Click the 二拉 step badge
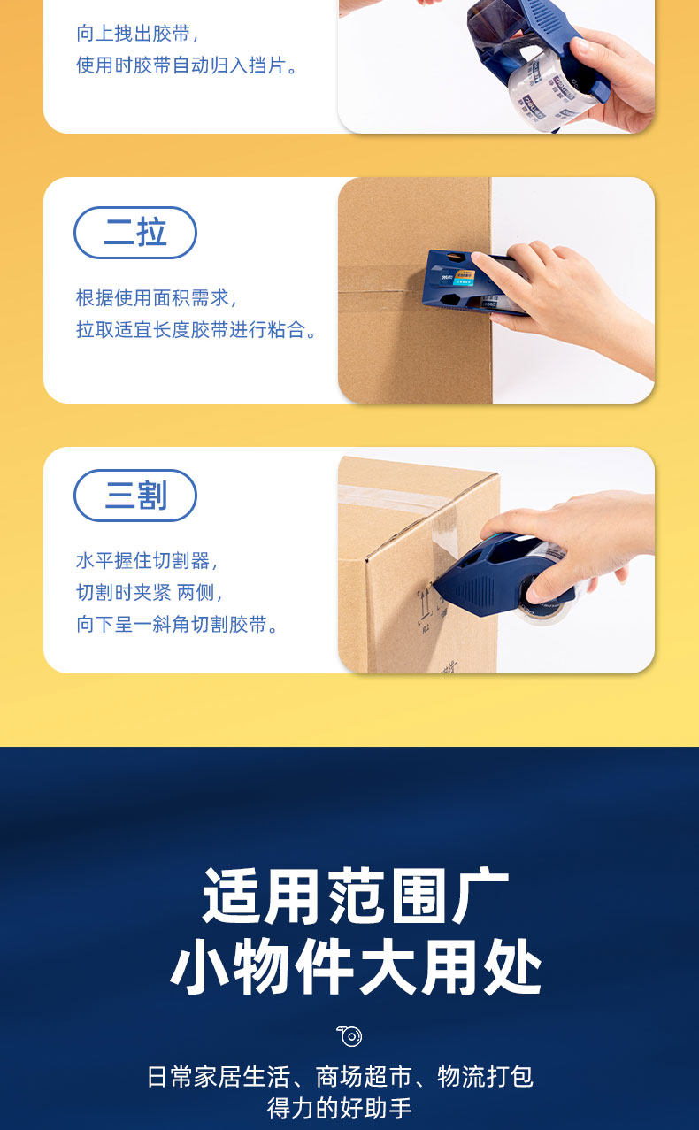pyautogui.click(x=135, y=233)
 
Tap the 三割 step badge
pyautogui.click(x=135, y=496)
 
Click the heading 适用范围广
pyautogui.click(x=355, y=896)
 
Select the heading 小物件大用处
pyautogui.click(x=356, y=966)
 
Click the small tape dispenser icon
pyautogui.click(x=349, y=1036)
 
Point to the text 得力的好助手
pyautogui.click(x=340, y=1108)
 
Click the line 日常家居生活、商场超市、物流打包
pyautogui.click(x=340, y=1076)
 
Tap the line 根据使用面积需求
pyautogui.click(x=156, y=298)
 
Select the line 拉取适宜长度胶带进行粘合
pyautogui.click(x=196, y=330)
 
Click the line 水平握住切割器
pyautogui.click(x=146, y=561)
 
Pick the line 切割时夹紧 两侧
pyautogui.click(x=149, y=593)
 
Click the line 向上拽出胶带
pyautogui.click(x=137, y=34)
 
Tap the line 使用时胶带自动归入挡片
pyautogui.click(x=186, y=65)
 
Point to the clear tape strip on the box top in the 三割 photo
pyautogui.click(x=394, y=497)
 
